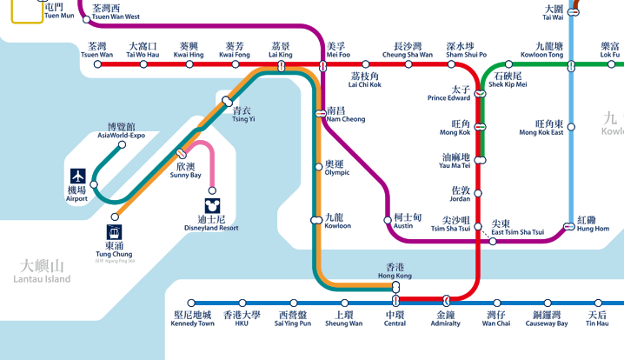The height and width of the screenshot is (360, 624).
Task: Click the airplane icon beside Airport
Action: pos(78,174)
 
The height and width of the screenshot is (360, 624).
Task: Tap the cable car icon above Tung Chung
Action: pos(115,233)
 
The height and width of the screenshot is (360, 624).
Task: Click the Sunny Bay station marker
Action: pos(182,154)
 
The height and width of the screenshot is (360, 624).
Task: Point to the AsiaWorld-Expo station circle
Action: pos(122,144)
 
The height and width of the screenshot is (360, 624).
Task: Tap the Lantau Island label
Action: pos(42,272)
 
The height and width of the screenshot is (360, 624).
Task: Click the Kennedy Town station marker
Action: pos(192,303)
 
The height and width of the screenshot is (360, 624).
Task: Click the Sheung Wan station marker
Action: pos(343,303)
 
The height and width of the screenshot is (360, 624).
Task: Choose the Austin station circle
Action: pos(388,220)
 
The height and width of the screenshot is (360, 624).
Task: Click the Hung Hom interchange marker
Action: pos(569,227)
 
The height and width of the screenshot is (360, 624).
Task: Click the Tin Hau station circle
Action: pos(596,303)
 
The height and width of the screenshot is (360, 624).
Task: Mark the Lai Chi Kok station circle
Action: pos(366,64)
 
